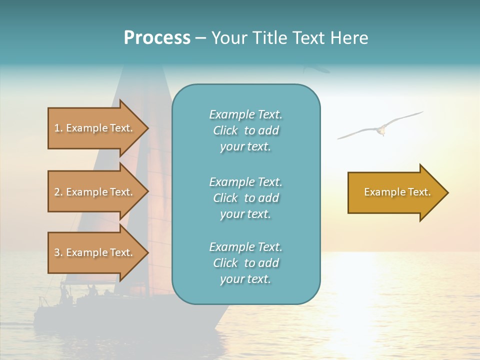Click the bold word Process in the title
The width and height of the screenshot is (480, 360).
pos(157,38)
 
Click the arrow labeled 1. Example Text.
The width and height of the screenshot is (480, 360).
pos(95,128)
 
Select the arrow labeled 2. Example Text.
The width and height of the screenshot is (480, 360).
pos(95,192)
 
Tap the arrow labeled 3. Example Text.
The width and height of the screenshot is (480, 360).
pos(95,252)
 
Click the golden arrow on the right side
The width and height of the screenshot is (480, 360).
pos(395,192)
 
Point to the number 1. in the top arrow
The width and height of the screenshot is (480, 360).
pos(58,128)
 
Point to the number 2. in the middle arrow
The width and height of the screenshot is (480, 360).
pos(58,192)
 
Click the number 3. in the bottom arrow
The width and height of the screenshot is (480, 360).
pos(58,252)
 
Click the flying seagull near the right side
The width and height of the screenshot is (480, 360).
pos(380,129)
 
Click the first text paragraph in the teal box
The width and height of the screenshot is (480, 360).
pos(246,130)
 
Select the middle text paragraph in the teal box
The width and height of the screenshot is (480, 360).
pos(246,198)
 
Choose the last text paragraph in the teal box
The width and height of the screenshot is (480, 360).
pos(246,263)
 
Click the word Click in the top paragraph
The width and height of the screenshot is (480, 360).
pos(225,130)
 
